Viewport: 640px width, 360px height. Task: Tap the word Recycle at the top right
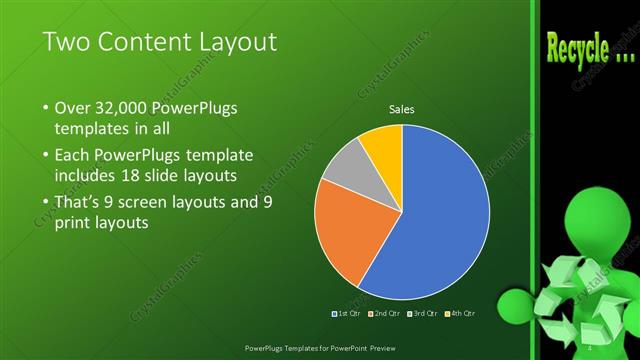577,47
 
